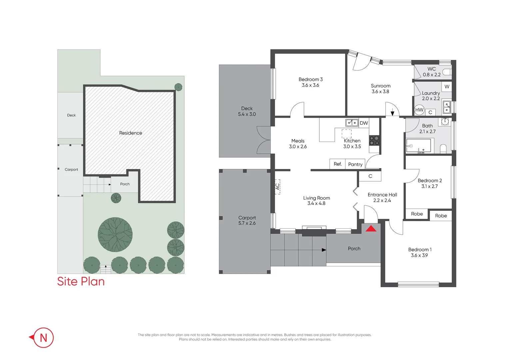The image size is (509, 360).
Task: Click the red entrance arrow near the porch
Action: point(371,229)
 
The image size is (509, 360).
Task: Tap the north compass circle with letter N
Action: point(43,338)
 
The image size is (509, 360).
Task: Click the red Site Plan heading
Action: point(81,281)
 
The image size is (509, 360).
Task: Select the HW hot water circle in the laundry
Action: point(419,110)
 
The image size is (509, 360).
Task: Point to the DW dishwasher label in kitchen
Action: point(364,123)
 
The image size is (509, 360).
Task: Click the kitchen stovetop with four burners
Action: point(374,140)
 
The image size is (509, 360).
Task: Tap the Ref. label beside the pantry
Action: point(337,164)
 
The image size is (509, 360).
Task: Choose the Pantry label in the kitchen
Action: point(355,164)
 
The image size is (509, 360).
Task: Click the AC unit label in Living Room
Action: point(277,187)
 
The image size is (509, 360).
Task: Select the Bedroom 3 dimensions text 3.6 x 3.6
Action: point(310,85)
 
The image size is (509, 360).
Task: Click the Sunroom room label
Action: point(380,86)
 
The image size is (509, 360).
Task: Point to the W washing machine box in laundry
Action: point(447,87)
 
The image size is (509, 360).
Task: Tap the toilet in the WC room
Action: point(446,72)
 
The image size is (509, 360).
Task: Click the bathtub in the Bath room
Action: point(418,146)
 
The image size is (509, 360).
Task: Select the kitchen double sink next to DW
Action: point(352,123)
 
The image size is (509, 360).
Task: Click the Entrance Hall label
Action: point(382,195)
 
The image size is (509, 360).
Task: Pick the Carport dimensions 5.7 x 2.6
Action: point(247,223)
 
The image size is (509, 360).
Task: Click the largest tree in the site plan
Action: point(115,235)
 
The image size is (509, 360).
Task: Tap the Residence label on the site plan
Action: point(131,133)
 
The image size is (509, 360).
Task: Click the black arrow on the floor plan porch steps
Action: point(324,250)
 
